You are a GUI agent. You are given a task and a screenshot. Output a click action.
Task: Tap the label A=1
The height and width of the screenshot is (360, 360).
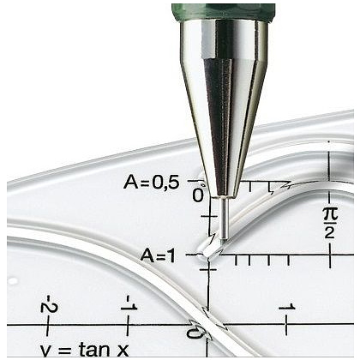pyautogui.click(x=158, y=255)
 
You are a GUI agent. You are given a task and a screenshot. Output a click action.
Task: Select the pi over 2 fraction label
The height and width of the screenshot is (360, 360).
pyautogui.click(x=330, y=224)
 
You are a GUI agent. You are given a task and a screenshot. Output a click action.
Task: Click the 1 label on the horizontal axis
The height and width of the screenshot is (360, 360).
pyautogui.click(x=287, y=308)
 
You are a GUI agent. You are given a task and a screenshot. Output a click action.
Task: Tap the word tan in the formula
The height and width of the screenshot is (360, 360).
pyautogui.click(x=94, y=349)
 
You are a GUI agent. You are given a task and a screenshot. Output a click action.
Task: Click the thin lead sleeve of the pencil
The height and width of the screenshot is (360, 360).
pyautogui.click(x=224, y=218)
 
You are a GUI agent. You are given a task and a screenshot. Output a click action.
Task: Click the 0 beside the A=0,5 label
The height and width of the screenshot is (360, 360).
pyautogui.click(x=198, y=195)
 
